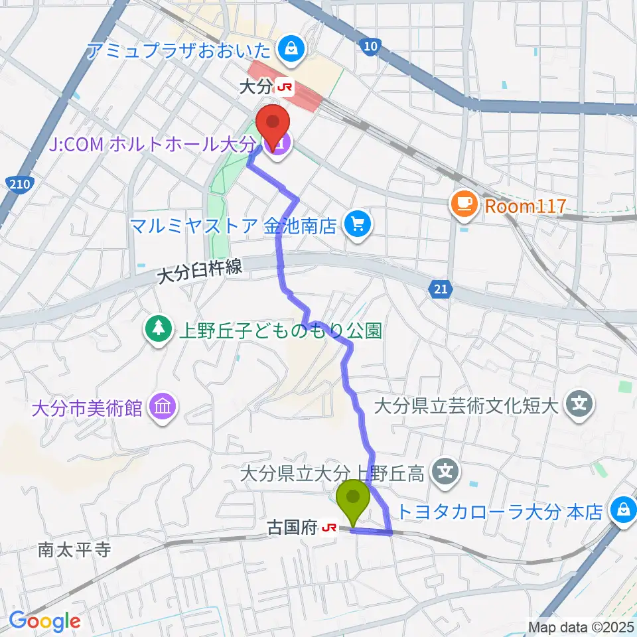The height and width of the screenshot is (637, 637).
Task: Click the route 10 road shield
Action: (x=370, y=46)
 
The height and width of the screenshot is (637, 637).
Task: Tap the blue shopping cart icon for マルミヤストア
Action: (x=359, y=226)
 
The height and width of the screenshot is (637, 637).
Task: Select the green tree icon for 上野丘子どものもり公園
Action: (x=158, y=330)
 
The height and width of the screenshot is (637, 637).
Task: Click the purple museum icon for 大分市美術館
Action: (x=163, y=406)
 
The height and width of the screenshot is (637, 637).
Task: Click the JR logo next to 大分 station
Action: (x=285, y=87)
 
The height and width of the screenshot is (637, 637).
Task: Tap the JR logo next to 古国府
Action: (x=328, y=528)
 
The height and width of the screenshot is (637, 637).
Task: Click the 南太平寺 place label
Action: (x=73, y=549)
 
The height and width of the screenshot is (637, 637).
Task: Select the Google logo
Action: (x=44, y=621)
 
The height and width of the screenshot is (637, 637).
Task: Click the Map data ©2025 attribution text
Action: (x=580, y=626)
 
